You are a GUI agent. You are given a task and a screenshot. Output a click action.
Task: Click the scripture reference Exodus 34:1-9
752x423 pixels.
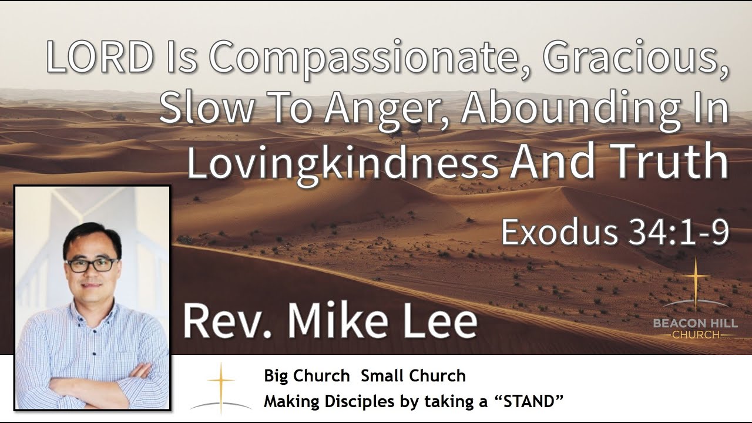[x=615, y=233]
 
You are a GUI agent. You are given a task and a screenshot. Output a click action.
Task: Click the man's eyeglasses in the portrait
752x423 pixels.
[x=92, y=264]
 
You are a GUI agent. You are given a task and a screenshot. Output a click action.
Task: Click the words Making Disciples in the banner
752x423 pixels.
[x=318, y=402]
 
